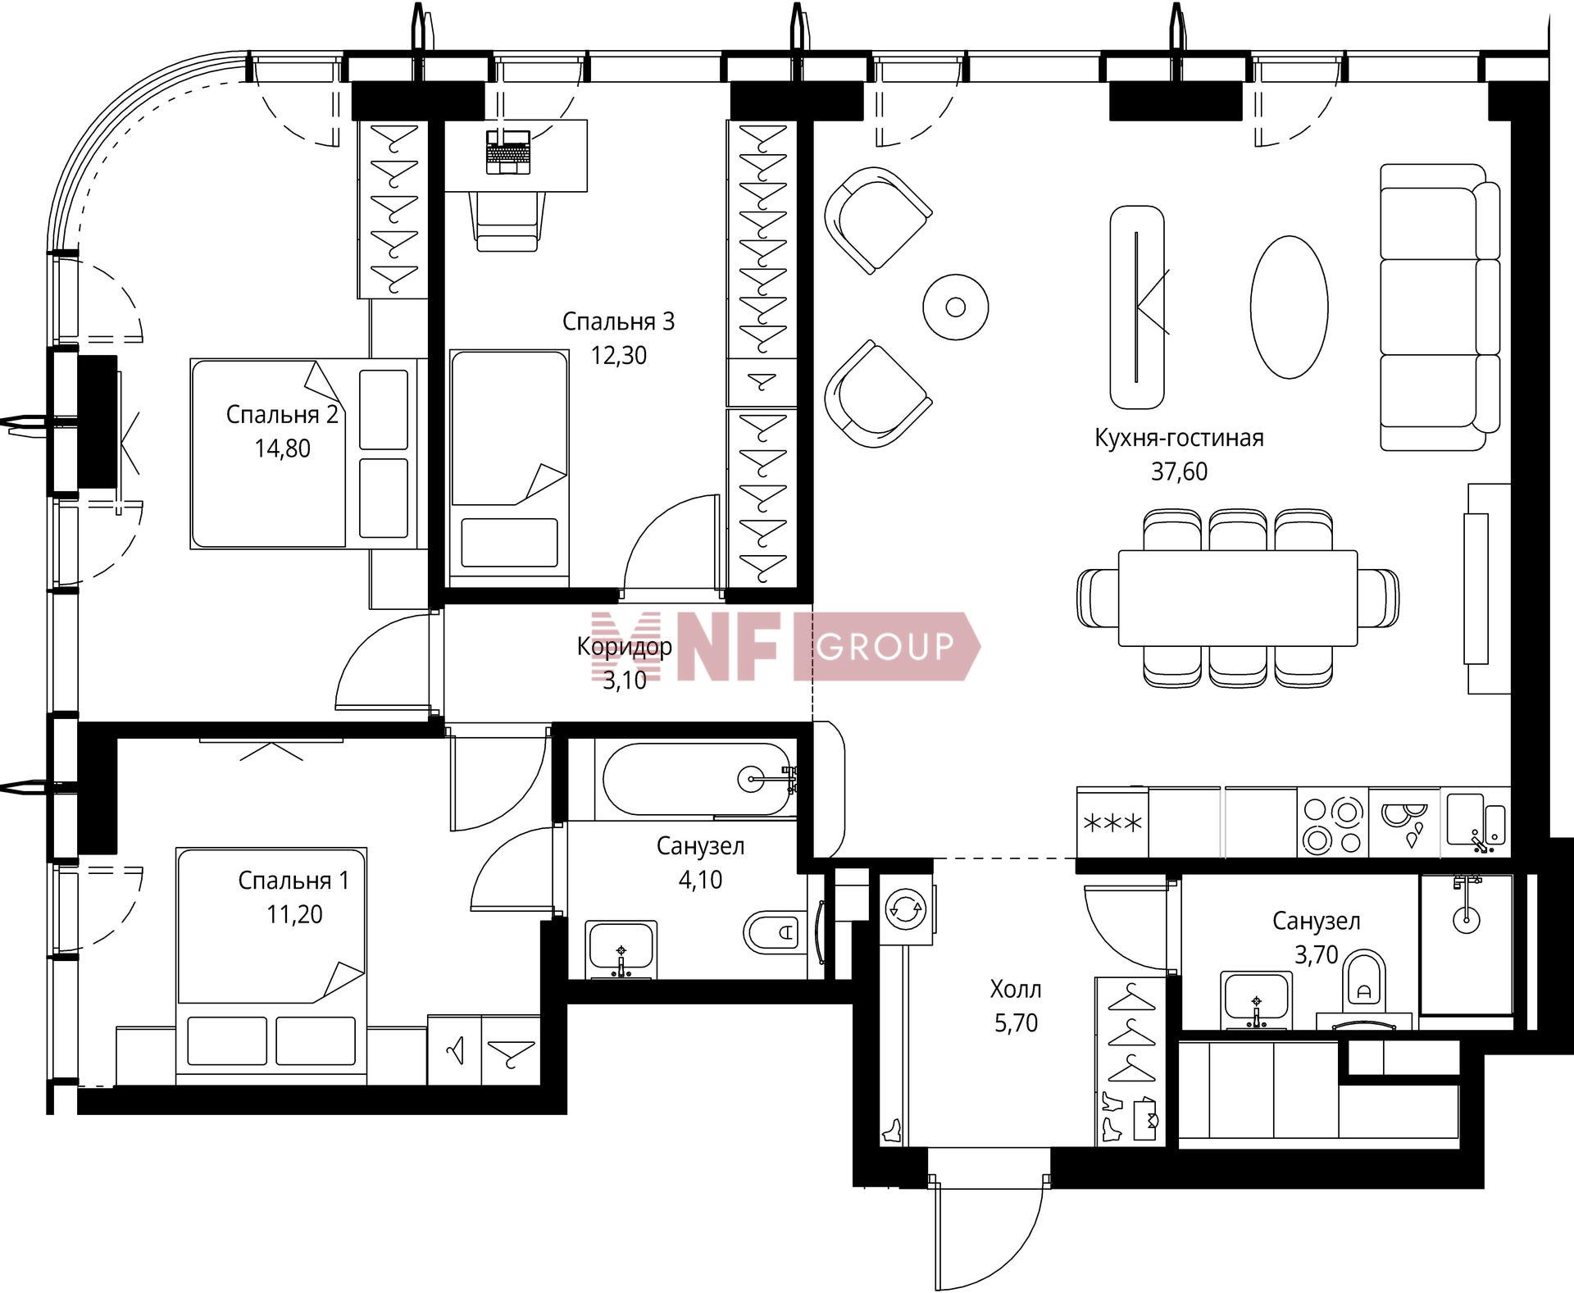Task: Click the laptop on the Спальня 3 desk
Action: [508, 152]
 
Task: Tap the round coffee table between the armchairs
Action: [955, 307]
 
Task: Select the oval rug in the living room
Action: [1289, 307]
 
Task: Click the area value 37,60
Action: [1179, 471]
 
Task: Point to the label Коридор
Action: [625, 646]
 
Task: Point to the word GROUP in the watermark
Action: [886, 646]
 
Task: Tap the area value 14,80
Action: [282, 448]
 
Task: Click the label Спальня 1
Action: [293, 881]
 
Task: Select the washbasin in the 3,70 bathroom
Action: [1255, 999]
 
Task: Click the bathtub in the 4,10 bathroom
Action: [698, 779]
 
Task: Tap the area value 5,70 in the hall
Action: [1016, 1023]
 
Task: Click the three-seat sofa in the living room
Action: [1440, 307]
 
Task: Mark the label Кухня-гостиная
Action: [1179, 438]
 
